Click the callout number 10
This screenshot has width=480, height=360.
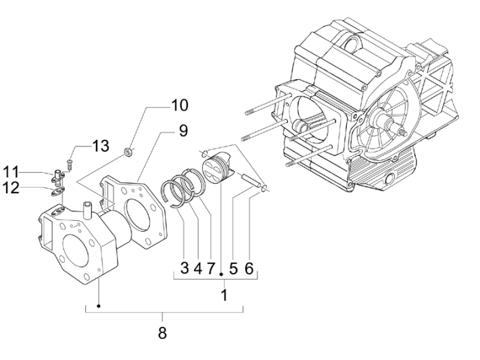179,106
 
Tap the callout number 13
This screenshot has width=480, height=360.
100,147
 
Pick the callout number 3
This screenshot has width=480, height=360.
183,268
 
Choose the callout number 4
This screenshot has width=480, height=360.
198,268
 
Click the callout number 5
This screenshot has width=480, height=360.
233,268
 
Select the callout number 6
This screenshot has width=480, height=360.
249,268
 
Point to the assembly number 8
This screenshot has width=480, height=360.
162,332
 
